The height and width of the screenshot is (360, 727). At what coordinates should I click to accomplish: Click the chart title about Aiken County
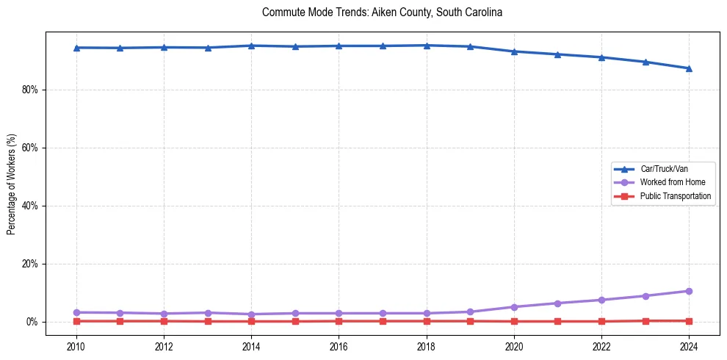(x=382, y=12)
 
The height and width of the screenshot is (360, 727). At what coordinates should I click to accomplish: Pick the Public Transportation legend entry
(x=675, y=196)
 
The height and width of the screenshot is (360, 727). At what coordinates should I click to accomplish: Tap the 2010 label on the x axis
(x=76, y=346)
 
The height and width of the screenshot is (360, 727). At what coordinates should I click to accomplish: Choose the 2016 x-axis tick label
(x=339, y=346)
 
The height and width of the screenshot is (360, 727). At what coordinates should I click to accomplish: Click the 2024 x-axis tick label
(x=689, y=346)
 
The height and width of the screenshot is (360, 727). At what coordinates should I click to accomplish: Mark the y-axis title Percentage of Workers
(x=12, y=184)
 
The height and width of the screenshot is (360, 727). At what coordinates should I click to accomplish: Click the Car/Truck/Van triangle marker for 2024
(x=689, y=68)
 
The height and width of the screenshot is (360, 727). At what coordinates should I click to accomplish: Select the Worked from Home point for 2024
(x=689, y=291)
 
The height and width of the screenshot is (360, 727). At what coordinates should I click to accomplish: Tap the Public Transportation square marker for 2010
(x=76, y=321)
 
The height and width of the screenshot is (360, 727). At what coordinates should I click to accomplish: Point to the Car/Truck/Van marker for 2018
(x=427, y=46)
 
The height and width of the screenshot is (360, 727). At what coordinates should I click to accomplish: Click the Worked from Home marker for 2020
(x=514, y=307)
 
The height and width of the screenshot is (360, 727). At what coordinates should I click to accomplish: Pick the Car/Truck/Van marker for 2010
(x=76, y=48)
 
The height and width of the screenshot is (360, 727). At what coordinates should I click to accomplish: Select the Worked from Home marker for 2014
(x=251, y=314)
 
